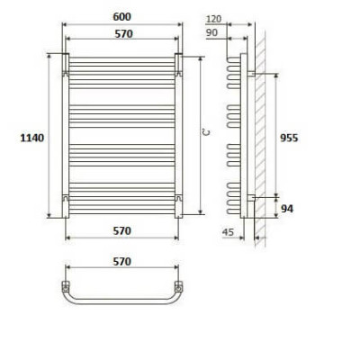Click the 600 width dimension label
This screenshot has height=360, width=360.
tap(121, 16)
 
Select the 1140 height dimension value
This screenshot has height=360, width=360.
tap(31, 138)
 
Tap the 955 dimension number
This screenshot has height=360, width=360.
tap(289, 138)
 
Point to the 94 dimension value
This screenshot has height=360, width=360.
tap(287, 209)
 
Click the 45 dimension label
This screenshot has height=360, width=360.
tap(229, 231)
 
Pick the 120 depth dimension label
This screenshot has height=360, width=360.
tap(213, 19)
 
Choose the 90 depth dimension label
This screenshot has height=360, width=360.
tap(211, 32)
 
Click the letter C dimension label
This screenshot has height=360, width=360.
tap(206, 132)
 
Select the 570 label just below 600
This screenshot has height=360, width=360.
tap(123, 34)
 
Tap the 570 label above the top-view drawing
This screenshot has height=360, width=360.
tap(121, 262)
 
